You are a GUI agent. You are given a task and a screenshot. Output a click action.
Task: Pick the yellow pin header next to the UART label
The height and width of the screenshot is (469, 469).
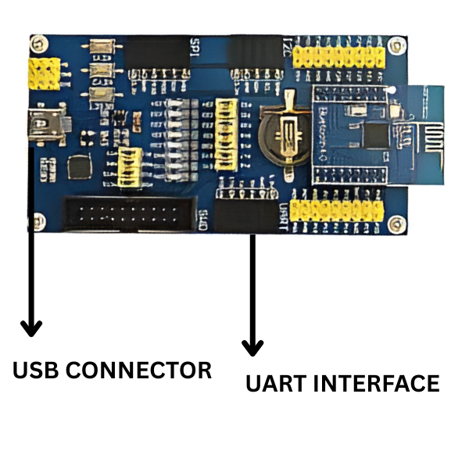[x=337, y=209]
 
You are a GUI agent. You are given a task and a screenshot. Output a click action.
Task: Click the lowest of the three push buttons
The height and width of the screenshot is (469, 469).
[x=99, y=97]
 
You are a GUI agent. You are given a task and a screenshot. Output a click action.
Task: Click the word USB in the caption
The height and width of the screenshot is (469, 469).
[x=35, y=370]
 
